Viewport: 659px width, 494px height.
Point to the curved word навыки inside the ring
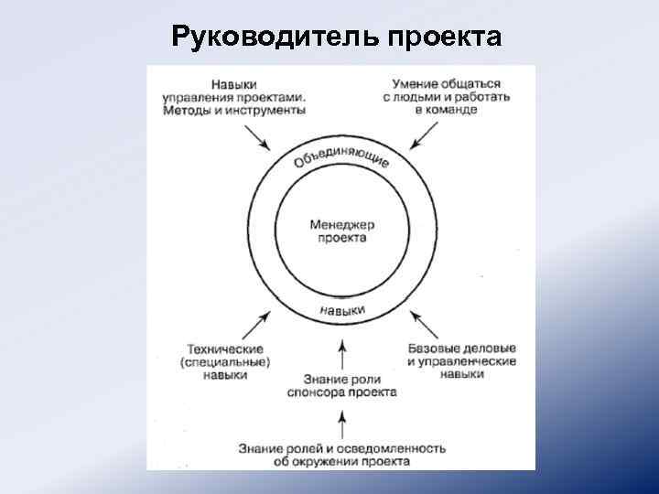click(343, 311)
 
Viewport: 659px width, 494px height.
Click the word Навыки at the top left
click(232, 83)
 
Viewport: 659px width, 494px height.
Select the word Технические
click(224, 349)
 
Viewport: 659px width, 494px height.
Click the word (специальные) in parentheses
click(224, 362)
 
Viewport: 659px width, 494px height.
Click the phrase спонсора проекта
click(343, 392)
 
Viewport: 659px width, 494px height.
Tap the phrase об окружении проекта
click(342, 461)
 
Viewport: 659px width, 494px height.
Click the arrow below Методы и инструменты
click(260, 137)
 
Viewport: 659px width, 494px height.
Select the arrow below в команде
click(423, 137)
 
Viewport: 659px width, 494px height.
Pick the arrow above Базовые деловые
click(423, 322)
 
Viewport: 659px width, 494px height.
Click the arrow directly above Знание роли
click(343, 353)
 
